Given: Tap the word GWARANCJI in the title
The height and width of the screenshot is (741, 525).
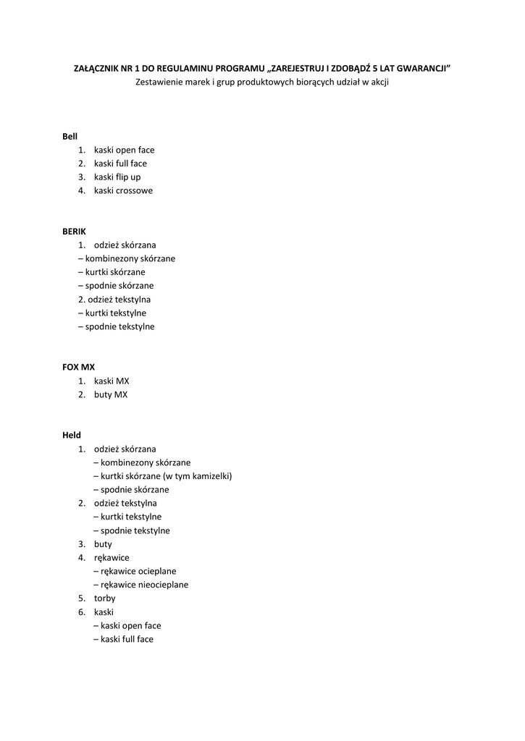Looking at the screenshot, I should pyautogui.click(x=421, y=68).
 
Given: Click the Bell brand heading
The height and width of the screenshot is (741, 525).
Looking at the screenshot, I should pyautogui.click(x=70, y=136).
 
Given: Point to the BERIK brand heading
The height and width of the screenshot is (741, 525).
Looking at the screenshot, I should pyautogui.click(x=74, y=231).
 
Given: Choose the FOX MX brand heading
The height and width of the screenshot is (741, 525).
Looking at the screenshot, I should pyautogui.click(x=78, y=367).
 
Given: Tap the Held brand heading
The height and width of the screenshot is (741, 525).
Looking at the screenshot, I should pyautogui.click(x=72, y=435).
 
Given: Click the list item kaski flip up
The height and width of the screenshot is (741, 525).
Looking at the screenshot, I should pyautogui.click(x=117, y=177).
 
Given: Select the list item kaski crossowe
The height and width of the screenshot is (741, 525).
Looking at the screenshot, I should pyautogui.click(x=123, y=190).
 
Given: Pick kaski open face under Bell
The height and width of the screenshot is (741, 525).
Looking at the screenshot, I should pyautogui.click(x=124, y=150).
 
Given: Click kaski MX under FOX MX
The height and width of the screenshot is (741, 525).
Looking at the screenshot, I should pyautogui.click(x=112, y=381).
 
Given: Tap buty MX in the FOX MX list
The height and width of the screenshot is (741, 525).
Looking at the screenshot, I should pyautogui.click(x=110, y=394).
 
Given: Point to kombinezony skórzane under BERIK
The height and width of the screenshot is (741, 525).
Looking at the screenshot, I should pyautogui.click(x=130, y=258).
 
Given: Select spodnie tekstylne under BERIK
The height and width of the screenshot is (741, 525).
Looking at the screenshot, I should pyautogui.click(x=119, y=326).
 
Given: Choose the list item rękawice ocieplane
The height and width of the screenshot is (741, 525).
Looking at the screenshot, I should pyautogui.click(x=138, y=571).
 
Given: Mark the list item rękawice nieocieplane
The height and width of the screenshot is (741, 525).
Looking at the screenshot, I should pyautogui.click(x=144, y=585).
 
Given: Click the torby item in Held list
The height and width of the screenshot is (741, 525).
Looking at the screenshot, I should pyautogui.click(x=104, y=598).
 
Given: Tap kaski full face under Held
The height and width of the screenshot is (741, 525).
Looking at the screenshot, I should pyautogui.click(x=127, y=639).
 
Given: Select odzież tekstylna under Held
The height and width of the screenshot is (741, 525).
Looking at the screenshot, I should pyautogui.click(x=125, y=503).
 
